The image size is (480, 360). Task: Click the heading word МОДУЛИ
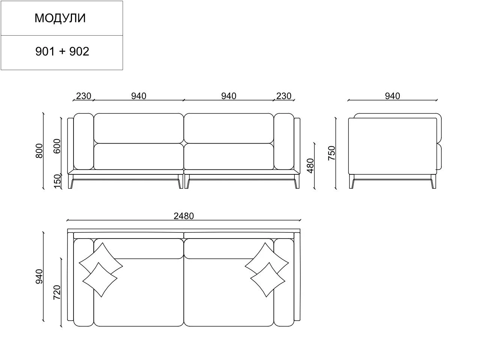pyautogui.click(x=60, y=18)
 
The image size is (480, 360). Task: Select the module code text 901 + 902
pyautogui.click(x=62, y=52)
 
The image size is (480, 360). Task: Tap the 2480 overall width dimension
pyautogui.click(x=184, y=216)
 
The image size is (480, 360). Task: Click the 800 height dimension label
pyautogui.click(x=39, y=151)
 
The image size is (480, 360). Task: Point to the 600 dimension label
pyautogui.click(x=57, y=146)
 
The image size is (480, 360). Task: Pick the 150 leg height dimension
pyautogui.click(x=57, y=181)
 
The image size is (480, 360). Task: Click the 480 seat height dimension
pyautogui.click(x=310, y=166)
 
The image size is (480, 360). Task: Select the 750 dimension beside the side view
pyautogui.click(x=331, y=153)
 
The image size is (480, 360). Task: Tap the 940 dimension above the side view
pyautogui.click(x=393, y=96)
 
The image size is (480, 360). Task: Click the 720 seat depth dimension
pyautogui.click(x=57, y=292)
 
